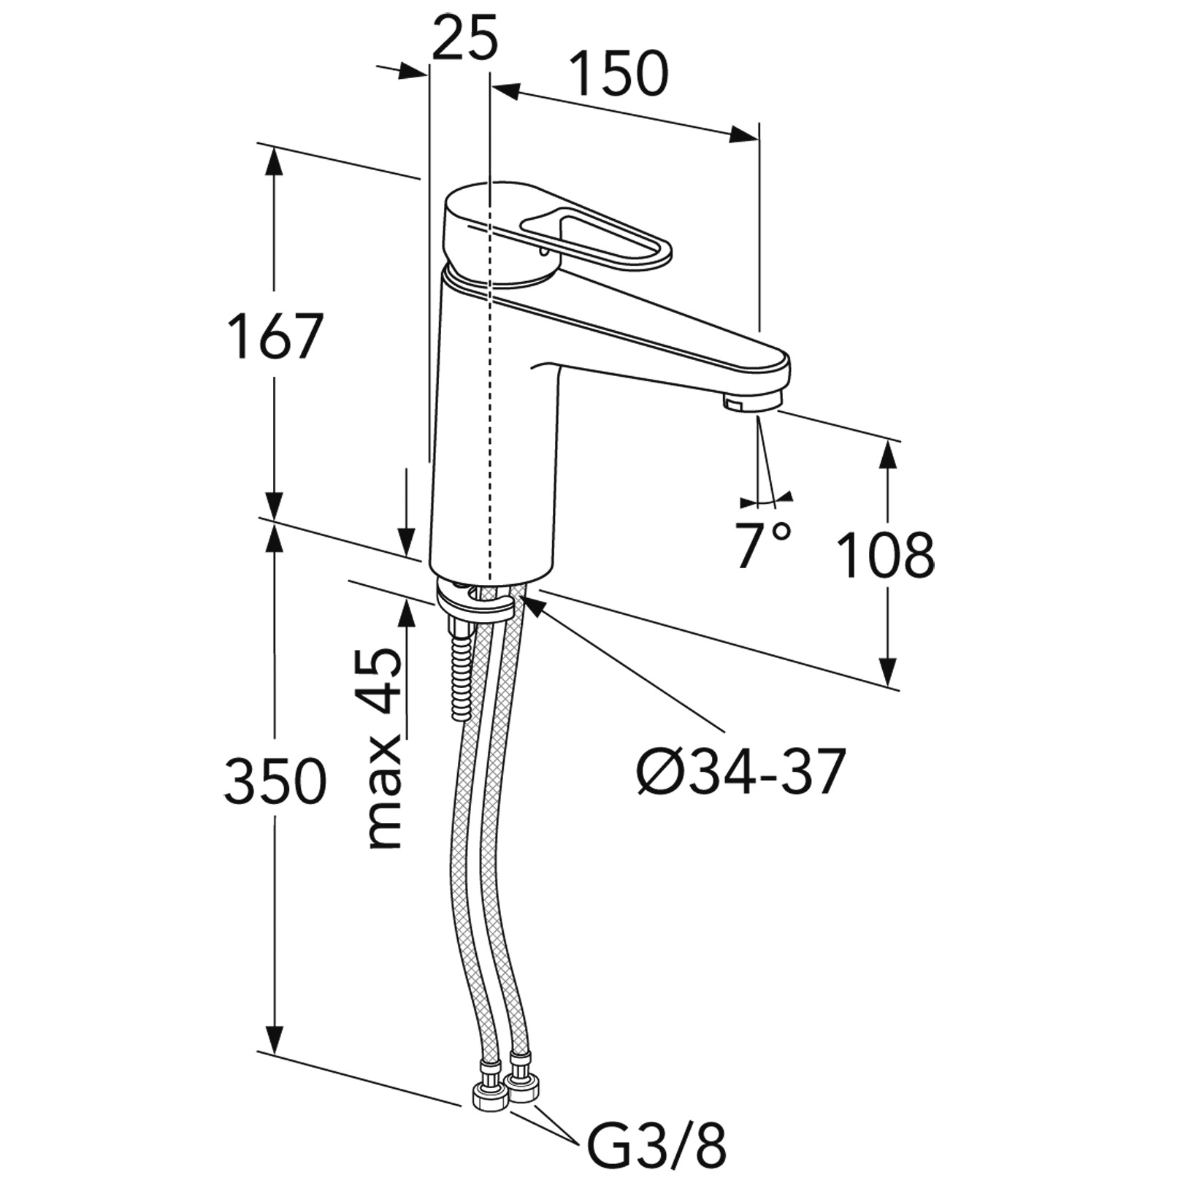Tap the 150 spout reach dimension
point(618,74)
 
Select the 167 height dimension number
point(275,337)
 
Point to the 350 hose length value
point(275,781)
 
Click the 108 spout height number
point(885,556)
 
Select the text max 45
point(385,749)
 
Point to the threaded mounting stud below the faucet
point(462,672)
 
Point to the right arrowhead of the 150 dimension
point(745,135)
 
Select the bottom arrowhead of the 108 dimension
point(888,672)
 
